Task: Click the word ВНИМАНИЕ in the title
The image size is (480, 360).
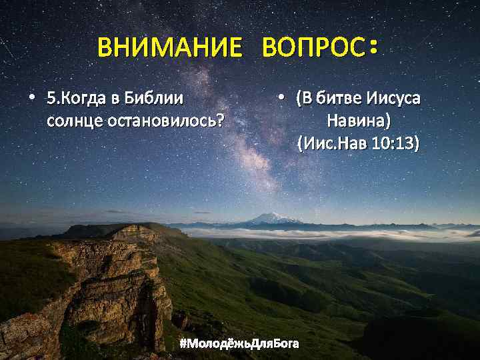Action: (x=169, y=48)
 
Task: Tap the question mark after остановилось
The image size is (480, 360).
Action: (x=219, y=122)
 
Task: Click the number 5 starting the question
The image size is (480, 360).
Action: (x=50, y=99)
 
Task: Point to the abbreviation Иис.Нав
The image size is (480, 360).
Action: (x=332, y=143)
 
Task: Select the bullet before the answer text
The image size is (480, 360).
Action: (x=282, y=97)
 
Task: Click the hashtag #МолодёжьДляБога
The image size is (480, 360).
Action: (x=239, y=343)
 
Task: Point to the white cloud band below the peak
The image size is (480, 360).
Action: (x=320, y=234)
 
